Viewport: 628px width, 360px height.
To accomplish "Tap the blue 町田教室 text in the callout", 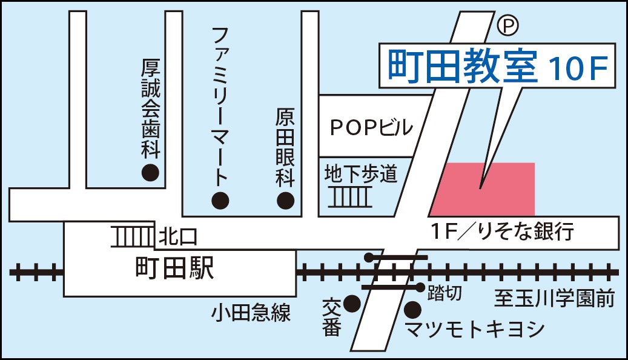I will click(x=463, y=67).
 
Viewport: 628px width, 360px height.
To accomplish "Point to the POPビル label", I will click(x=371, y=127).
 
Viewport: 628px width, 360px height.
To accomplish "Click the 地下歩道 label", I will click(x=360, y=174).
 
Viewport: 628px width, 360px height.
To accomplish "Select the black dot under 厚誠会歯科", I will click(x=150, y=173).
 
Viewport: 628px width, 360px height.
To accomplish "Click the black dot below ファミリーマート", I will click(x=220, y=199).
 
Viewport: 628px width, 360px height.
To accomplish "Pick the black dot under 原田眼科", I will click(x=285, y=200).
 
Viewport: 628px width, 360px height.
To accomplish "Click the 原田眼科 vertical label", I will click(x=285, y=147).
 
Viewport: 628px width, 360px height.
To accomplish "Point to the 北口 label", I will click(x=177, y=237).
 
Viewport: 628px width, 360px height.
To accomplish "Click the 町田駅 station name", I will click(x=174, y=268).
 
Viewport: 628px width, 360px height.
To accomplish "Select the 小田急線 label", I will click(x=251, y=313).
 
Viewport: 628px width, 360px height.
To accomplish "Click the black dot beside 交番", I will click(x=352, y=302).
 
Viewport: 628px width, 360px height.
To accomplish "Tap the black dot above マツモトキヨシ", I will click(x=413, y=310).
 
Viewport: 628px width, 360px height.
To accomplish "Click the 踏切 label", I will click(x=445, y=293).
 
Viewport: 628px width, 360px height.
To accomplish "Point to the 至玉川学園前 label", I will click(x=554, y=298).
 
